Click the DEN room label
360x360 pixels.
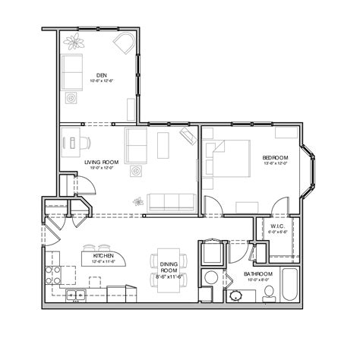[100, 74]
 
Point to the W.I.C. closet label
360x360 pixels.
[277, 226]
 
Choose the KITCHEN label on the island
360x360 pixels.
[103, 257]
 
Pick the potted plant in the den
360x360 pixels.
[76, 42]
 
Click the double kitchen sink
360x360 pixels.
[75, 295]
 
